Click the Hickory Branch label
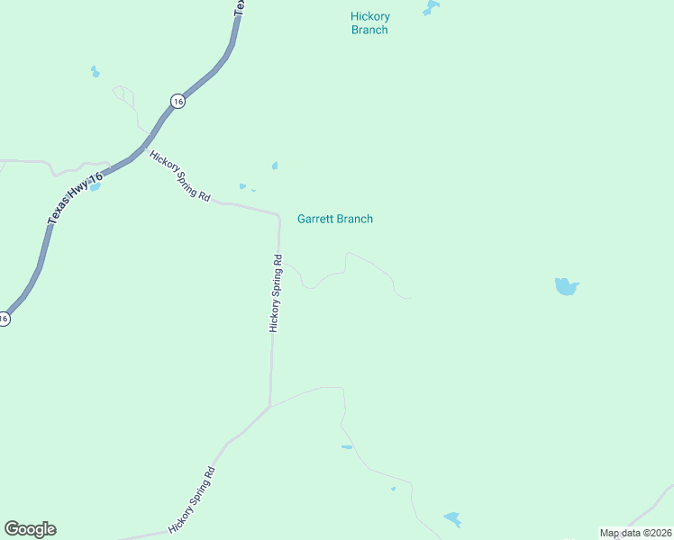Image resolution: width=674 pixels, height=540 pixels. coord(369,23)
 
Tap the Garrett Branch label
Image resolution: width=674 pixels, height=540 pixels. coord(335,219)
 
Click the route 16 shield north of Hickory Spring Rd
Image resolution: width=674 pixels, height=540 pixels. coord(178,102)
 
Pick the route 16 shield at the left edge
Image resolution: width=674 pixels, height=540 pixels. coord(4,318)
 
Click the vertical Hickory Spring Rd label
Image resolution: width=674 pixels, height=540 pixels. coord(277,293)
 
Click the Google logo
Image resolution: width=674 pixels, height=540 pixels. coord(30,529)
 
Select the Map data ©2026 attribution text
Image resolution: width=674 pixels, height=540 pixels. coord(635,533)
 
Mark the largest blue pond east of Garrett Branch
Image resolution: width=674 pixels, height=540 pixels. coord(566,287)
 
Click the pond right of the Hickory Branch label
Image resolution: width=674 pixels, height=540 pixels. coord(431,8)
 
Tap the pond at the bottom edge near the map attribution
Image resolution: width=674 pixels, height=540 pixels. coord(452,519)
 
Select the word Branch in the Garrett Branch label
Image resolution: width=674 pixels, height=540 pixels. coord(354,219)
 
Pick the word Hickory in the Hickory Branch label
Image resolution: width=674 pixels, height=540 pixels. coord(369,16)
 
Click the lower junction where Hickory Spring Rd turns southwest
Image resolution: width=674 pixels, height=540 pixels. coord(269,406)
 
